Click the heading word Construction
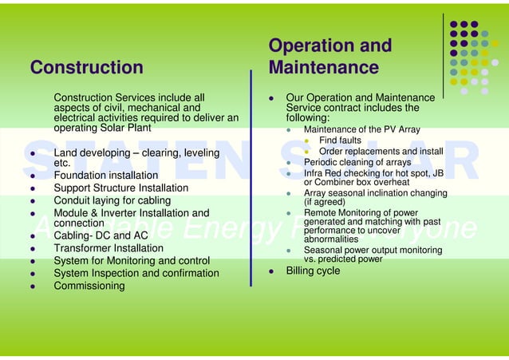[x=86, y=68]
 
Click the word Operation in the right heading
[x=307, y=45]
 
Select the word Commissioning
[x=89, y=286]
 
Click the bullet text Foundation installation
[x=106, y=175]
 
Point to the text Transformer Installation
[x=108, y=248]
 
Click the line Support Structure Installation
[x=121, y=188]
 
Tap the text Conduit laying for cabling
[x=112, y=200]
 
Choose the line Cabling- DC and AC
[x=101, y=235]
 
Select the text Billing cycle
[x=313, y=271]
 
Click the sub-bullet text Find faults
[x=340, y=140]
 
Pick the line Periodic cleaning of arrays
[x=357, y=162]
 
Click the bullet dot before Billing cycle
[x=271, y=271]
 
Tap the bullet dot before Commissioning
[x=32, y=287]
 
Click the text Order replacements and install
[x=381, y=152]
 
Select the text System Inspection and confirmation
[x=136, y=273]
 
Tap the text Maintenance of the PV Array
[x=362, y=129]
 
